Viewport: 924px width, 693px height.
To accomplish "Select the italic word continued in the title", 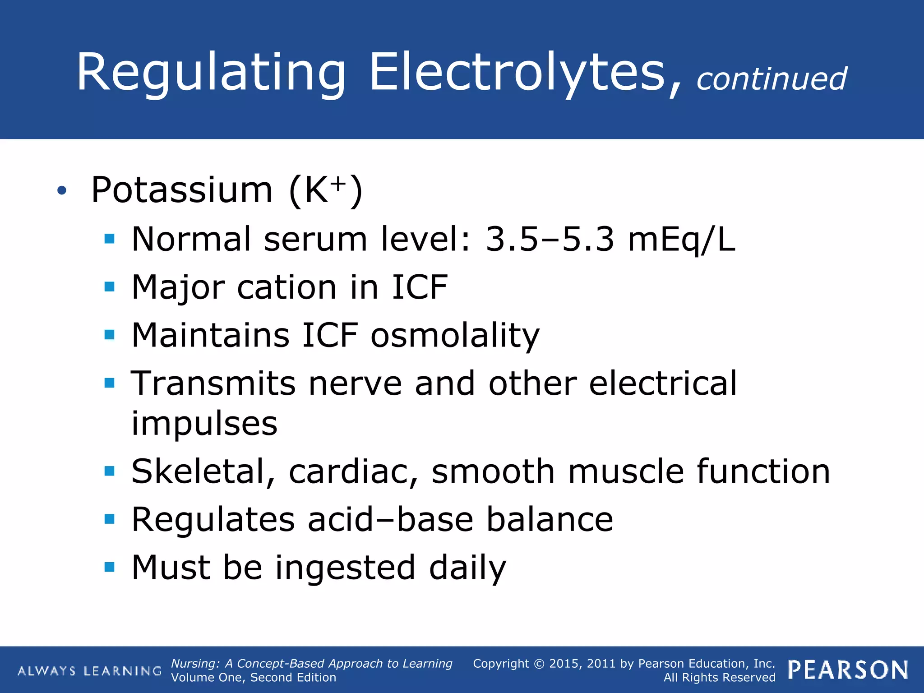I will point(772,79).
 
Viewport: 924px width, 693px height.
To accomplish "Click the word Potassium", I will point(182,190).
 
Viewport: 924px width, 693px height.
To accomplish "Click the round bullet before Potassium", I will point(62,191).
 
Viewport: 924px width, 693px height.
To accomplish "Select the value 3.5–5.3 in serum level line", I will point(550,239).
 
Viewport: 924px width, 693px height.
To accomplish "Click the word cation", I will point(286,287).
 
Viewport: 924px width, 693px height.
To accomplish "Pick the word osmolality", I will point(455,336).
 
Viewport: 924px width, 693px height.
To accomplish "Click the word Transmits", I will point(213,384).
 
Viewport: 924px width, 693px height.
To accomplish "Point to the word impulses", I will point(204,424).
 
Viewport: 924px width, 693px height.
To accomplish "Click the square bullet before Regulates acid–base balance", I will point(109,519).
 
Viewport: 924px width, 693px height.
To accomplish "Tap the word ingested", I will point(345,568).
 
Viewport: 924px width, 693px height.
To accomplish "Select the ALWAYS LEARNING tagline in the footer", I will point(89,671).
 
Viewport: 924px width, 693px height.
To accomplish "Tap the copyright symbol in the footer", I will point(539,664).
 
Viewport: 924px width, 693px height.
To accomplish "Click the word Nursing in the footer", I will point(195,664).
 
